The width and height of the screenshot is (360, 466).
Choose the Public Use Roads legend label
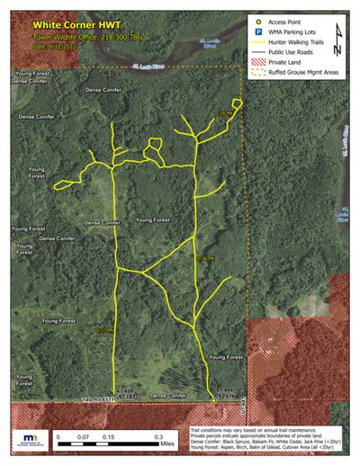(x=292, y=53)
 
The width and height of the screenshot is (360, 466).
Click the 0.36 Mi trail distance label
(x=205, y=258)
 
